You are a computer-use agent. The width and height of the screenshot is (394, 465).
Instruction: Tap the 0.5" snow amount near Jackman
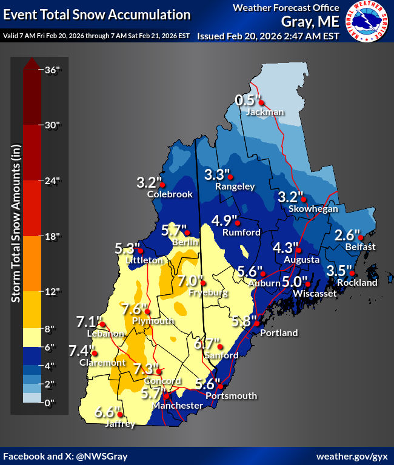click(247, 100)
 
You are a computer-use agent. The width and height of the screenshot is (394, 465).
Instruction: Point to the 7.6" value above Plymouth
click(132, 308)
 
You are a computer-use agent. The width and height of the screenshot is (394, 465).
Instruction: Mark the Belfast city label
click(361, 246)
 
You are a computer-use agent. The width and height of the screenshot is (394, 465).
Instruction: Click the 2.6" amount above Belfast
click(347, 234)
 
